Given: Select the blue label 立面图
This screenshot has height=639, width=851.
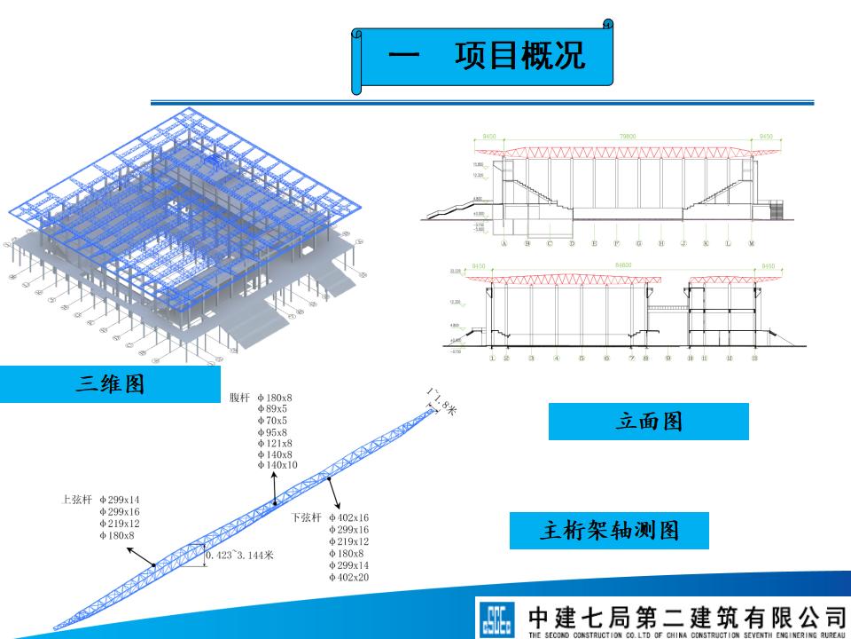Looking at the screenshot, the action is [649, 422].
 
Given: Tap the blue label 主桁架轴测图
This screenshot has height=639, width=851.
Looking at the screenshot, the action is [610, 531].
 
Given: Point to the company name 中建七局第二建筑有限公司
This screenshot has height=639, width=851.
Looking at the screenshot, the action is [687, 615].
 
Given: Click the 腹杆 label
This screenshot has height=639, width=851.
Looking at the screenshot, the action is [240, 398].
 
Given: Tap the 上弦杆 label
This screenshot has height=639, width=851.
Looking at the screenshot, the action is [76, 500].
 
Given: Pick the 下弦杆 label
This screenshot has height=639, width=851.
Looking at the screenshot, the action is [306, 517].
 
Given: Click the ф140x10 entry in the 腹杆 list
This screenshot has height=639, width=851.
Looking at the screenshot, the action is [277, 465].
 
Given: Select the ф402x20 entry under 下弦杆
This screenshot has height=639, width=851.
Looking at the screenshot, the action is [348, 578].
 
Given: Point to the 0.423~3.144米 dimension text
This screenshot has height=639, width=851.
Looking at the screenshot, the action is [239, 556].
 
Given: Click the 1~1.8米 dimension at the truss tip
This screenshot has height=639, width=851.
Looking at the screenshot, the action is [441, 401].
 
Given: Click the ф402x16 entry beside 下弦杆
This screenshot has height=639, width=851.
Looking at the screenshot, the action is [348, 517].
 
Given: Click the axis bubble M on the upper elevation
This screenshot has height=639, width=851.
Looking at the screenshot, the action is [751, 243].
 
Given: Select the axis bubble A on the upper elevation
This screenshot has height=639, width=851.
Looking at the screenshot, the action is [504, 243].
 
